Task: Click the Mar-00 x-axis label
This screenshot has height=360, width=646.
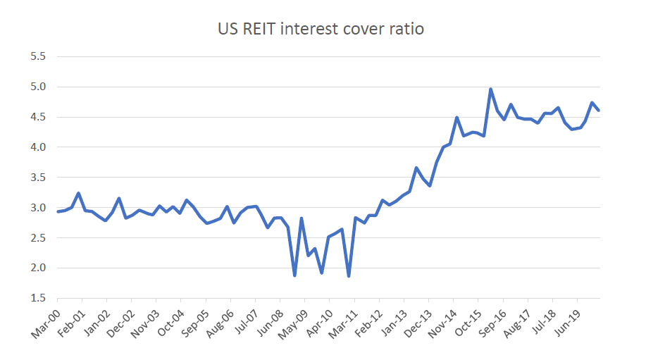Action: pos(44,324)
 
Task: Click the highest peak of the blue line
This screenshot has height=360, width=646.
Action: pos(490,89)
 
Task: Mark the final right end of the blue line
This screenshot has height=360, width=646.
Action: pos(599,110)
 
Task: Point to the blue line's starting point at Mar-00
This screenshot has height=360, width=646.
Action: pos(58,211)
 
